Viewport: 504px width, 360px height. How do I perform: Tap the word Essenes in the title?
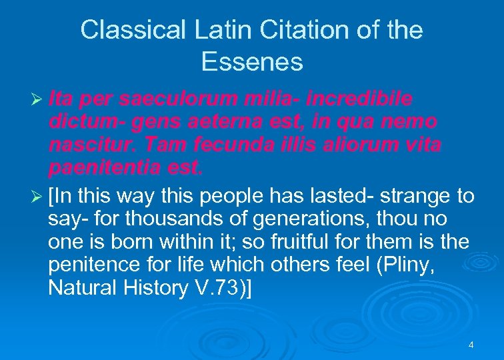(x=252, y=62)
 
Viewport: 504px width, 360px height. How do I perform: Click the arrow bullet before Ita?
(x=37, y=99)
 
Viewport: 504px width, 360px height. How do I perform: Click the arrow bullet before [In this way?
(x=37, y=197)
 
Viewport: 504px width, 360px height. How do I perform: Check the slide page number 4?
(x=471, y=345)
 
